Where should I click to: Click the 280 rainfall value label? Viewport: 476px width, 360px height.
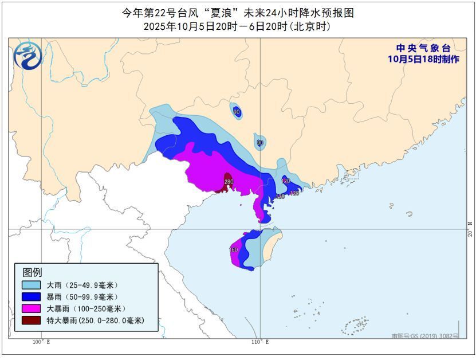coord(229,182)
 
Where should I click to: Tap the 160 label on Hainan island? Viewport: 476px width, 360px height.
coord(233,250)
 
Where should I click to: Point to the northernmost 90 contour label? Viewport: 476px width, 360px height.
coord(237,112)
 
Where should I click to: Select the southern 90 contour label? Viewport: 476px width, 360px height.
coord(259,142)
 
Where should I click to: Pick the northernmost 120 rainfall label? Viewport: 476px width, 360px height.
coord(285,181)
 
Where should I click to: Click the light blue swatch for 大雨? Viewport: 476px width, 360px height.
coord(31,285)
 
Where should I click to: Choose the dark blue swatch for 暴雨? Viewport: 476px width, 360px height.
coord(31,297)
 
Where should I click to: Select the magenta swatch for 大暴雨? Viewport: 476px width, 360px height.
coord(31,308)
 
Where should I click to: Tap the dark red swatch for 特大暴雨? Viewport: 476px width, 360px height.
coord(31,320)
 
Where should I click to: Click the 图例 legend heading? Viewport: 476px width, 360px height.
coord(32,272)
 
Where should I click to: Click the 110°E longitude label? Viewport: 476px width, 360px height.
coord(259,342)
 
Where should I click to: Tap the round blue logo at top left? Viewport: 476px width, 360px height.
coord(28,56)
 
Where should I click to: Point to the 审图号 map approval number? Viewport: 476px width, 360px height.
coord(425,336)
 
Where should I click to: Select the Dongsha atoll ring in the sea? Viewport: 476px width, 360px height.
coord(410,213)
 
